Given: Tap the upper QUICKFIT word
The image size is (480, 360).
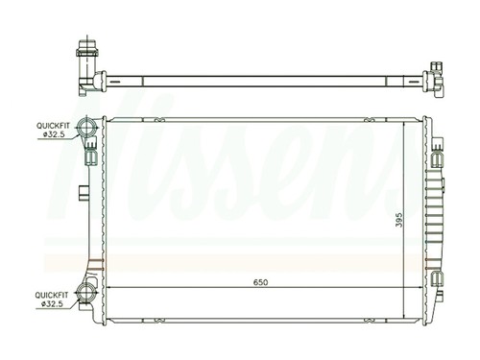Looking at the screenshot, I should [x=53, y=126].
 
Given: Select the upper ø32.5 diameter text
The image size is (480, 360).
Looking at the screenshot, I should [x=54, y=135].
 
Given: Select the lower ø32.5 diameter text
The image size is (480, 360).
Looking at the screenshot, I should [x=54, y=305].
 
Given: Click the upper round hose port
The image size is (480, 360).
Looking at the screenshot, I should [x=88, y=128].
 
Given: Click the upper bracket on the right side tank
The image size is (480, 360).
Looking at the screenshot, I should [x=437, y=155].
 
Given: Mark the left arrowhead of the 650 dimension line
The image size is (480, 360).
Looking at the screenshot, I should [x=108, y=290].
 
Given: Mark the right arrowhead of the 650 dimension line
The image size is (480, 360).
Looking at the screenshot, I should [x=420, y=290].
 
